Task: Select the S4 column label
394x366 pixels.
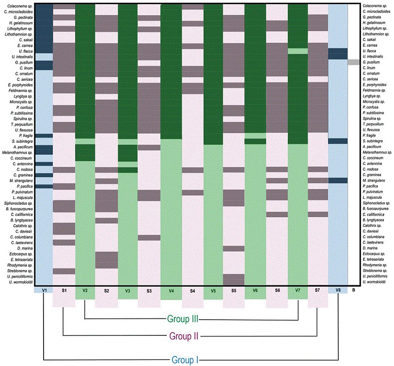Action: (x=192, y=290)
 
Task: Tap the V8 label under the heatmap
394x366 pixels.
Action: (x=338, y=290)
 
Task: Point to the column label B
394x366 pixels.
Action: (x=354, y=290)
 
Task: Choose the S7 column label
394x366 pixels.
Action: (x=318, y=290)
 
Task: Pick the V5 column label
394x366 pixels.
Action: (x=213, y=290)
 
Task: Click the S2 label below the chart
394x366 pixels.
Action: (x=107, y=290)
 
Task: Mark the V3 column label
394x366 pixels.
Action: (x=127, y=290)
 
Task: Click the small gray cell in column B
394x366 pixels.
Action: (x=353, y=62)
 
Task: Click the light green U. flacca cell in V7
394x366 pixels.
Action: (x=298, y=51)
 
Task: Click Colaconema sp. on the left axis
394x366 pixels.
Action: (x=19, y=6)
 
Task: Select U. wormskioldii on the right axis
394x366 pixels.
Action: (x=375, y=282)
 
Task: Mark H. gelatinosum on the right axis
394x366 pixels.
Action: (x=374, y=23)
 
